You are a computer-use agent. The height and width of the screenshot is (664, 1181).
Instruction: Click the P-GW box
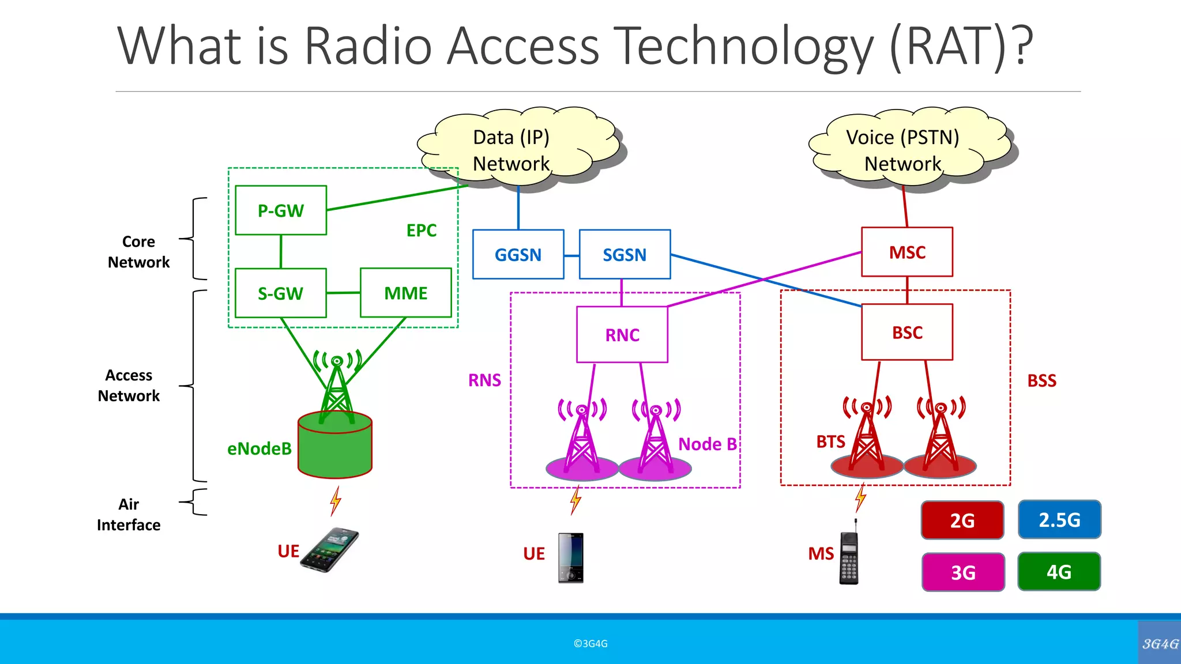click(281, 210)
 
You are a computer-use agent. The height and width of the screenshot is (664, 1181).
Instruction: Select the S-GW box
click(281, 293)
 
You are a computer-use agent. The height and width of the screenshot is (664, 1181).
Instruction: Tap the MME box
click(405, 293)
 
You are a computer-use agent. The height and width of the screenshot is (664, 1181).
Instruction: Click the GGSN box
click(518, 254)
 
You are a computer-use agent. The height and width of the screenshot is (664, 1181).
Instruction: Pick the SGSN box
click(625, 254)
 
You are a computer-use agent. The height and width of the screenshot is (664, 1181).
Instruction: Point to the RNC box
click(622, 334)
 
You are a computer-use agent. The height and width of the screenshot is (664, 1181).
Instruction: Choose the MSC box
click(907, 252)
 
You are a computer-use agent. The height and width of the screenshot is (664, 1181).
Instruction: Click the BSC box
click(907, 332)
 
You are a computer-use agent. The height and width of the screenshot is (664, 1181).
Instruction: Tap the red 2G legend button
click(962, 520)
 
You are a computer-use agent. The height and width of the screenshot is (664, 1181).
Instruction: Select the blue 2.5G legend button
click(1059, 519)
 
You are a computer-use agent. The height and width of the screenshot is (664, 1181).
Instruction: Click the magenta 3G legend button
click(962, 572)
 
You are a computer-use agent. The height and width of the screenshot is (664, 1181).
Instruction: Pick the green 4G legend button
click(1059, 572)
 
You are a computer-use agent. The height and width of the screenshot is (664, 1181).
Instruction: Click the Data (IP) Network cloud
click(512, 150)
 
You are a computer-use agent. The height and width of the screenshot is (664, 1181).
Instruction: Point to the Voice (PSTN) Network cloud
click(903, 150)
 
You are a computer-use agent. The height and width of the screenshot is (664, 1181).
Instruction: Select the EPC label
click(421, 230)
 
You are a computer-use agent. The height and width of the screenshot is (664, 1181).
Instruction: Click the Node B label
click(707, 444)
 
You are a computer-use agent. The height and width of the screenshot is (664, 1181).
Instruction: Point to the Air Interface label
click(129, 514)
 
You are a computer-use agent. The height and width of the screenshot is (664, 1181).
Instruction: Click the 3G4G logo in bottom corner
click(1160, 643)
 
